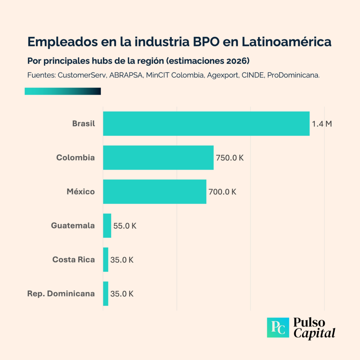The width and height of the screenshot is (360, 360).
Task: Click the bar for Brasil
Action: (206, 124)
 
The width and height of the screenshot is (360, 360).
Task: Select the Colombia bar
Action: (158, 157)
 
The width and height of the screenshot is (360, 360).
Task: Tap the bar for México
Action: (155, 192)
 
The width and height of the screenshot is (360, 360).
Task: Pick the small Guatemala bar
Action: (107, 226)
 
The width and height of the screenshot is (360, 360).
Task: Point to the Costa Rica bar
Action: (106, 259)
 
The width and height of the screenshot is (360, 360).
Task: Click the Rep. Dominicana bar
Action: (106, 294)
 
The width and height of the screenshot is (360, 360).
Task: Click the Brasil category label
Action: (83, 124)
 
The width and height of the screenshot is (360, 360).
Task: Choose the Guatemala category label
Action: (73, 226)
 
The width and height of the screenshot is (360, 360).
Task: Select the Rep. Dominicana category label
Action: (61, 294)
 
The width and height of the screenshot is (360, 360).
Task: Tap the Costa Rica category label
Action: (73, 260)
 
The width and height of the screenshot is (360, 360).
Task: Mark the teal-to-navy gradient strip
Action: (63, 91)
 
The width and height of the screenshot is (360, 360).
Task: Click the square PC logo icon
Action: (278, 328)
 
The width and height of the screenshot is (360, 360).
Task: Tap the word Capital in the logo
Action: (315, 333)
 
